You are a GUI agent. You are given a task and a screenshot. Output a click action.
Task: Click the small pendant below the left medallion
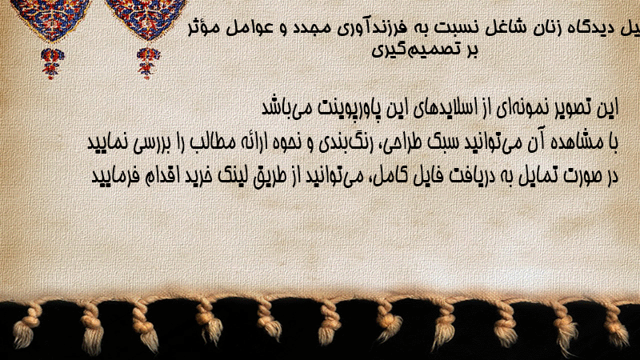[52, 63]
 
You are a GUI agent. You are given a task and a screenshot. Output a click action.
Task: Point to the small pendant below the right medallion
[148, 63]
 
